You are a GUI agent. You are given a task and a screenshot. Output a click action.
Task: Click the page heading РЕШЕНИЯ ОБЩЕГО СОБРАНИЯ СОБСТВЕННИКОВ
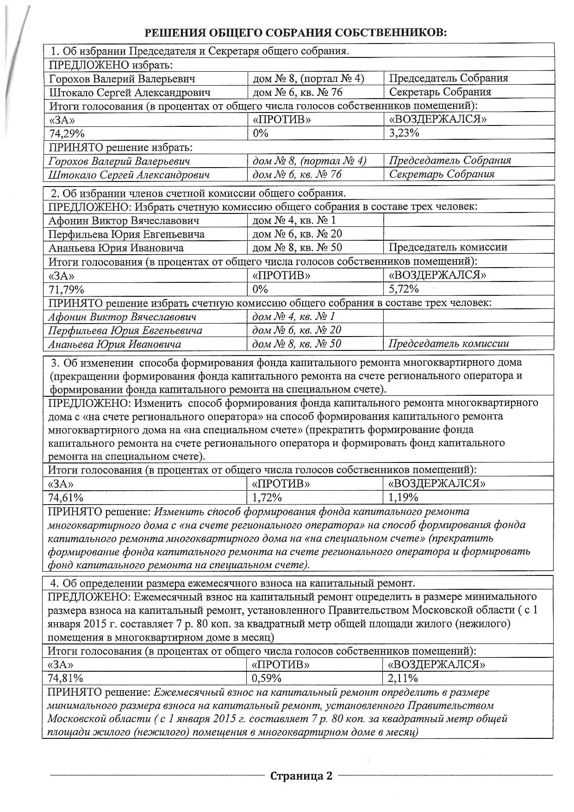pos(296,32)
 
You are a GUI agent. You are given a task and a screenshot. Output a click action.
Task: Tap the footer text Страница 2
pos(301,776)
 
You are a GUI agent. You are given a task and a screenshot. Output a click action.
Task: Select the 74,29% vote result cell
pos(67,133)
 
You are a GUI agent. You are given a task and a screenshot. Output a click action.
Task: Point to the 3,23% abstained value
pos(404,133)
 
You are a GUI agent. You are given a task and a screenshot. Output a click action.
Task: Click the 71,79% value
pos(67,290)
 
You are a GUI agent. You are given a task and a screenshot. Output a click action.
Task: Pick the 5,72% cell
pos(404,289)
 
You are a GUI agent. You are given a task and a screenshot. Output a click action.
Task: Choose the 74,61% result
pos(66,498)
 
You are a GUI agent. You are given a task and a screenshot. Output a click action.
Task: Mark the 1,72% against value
pos(267,498)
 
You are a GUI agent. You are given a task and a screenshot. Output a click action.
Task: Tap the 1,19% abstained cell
pos(403,498)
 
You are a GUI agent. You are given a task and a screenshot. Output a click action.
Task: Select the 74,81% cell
pos(66,679)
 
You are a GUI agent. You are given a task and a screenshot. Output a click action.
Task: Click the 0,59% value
pos(267,679)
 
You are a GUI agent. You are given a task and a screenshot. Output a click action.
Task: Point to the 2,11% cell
pos(403,679)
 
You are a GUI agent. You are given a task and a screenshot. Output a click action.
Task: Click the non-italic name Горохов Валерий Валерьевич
pos(122,79)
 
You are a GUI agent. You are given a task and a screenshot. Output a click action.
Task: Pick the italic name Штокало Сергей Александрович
pos(129,175)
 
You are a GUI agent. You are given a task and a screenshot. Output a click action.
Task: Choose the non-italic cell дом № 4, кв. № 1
pos(294,220)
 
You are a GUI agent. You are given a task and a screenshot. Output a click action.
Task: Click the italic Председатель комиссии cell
pos(449,344)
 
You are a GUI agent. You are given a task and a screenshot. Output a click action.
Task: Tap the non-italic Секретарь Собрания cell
pos(440,92)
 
